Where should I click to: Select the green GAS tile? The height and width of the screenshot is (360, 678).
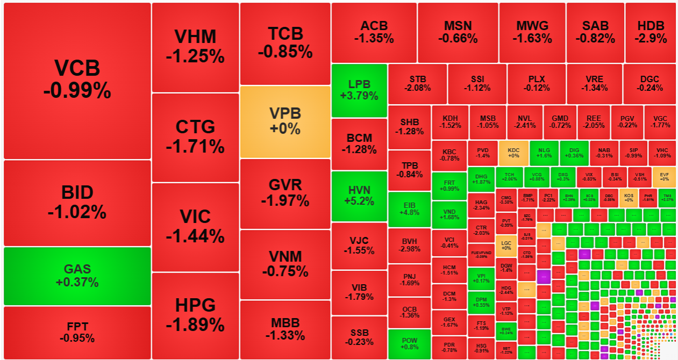tap(77, 276)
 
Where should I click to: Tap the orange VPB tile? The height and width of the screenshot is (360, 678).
tap(285, 121)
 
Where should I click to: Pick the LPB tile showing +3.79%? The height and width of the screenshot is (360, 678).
tap(359, 90)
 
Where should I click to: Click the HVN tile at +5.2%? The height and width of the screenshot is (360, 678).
tap(359, 196)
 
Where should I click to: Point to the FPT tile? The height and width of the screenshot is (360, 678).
tap(77, 332)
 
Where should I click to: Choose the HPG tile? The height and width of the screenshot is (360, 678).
tap(195, 315)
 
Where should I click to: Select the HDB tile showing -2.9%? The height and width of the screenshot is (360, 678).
tap(651, 32)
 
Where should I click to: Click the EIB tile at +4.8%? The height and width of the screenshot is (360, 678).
tap(409, 210)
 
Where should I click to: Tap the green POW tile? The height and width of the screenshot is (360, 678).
tap(409, 344)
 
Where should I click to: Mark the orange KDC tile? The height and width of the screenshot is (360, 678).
tap(513, 153)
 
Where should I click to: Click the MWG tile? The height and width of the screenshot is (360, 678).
tap(532, 32)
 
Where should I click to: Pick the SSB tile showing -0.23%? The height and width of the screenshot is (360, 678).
tap(359, 337)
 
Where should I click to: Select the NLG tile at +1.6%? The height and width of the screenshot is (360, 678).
tap(544, 153)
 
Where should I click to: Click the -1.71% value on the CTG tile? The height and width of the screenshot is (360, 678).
tap(195, 146)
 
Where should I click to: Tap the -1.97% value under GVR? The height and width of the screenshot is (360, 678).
tap(285, 201)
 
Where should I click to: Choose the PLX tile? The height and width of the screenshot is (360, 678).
tap(536, 83)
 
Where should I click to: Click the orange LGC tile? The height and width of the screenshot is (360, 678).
tap(506, 245)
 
